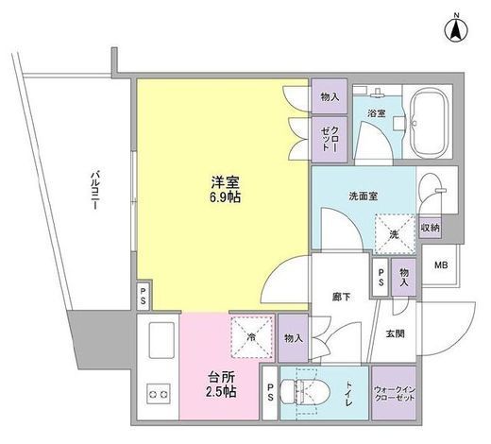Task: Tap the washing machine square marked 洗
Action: coord(394,234)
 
